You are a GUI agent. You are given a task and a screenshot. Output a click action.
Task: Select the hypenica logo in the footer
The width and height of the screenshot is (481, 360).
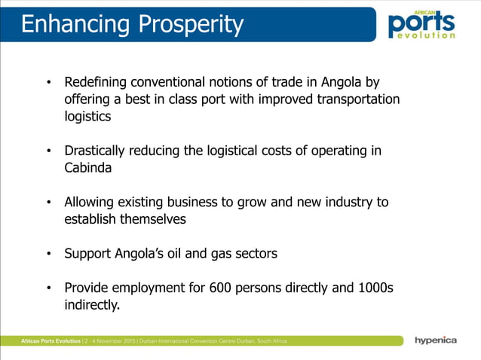[x=435, y=340]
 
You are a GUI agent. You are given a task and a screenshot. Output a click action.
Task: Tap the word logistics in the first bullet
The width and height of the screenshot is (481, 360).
[x=87, y=117]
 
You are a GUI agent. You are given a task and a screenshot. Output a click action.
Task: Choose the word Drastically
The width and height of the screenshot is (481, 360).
[x=97, y=151]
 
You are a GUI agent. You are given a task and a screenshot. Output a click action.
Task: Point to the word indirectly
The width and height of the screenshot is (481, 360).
[x=92, y=305]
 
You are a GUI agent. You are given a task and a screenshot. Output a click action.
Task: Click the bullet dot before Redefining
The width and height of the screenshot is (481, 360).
[x=48, y=82]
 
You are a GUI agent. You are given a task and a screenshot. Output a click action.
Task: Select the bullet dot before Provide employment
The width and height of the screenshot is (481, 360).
[x=48, y=288]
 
